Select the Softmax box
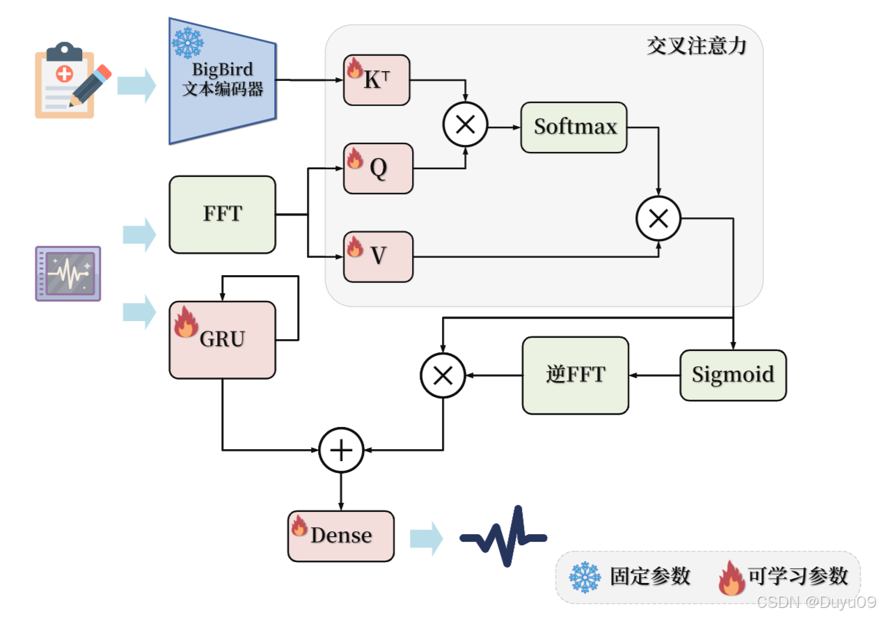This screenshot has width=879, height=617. point(574,127)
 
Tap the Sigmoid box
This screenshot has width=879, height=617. point(733,375)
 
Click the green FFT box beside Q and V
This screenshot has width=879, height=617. point(223,214)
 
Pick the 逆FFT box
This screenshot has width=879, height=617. point(576,375)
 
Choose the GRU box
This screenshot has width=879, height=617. point(223,340)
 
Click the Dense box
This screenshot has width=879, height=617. point(341,536)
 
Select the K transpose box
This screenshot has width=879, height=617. point(377,81)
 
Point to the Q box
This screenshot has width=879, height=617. point(378,169)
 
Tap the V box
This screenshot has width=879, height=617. point(378,256)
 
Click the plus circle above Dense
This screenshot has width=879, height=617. point(341,450)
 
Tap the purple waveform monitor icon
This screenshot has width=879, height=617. point(68,273)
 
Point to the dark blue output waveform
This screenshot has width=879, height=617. point(503,536)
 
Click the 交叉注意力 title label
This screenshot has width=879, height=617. point(696,47)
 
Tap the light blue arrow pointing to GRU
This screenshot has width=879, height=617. point(139,311)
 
